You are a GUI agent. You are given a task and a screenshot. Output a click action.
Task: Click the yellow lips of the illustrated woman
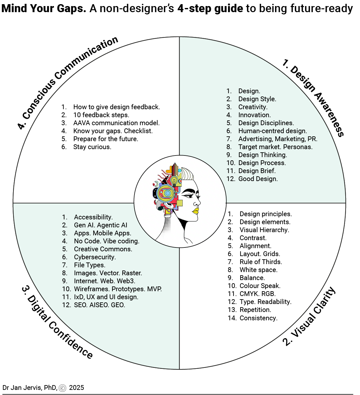(x=195, y=210)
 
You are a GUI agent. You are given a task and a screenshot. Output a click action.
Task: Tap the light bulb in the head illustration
(x=174, y=181)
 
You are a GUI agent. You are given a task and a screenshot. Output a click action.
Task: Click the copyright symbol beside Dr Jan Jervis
(x=62, y=388)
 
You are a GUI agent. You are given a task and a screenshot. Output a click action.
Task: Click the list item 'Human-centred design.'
(x=272, y=131)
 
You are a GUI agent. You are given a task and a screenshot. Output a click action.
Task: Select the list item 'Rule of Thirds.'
(x=261, y=262)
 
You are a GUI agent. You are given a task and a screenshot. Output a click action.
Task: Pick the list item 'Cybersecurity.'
(x=95, y=257)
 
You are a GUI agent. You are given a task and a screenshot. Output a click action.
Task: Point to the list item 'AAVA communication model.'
(x=116, y=123)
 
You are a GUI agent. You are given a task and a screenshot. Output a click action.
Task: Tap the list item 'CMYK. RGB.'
(x=257, y=294)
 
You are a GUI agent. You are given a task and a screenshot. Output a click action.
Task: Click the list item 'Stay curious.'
(x=92, y=147)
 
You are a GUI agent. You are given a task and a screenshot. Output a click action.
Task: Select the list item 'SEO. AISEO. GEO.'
(x=99, y=305)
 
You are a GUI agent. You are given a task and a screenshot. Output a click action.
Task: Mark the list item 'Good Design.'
(x=258, y=179)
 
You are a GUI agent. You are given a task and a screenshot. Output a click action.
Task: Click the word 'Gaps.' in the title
(x=70, y=9)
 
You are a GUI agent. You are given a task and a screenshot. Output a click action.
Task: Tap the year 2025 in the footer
(x=76, y=388)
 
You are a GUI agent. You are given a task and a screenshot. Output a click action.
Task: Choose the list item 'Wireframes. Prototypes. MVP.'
(x=118, y=289)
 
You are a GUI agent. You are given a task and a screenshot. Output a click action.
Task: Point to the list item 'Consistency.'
(x=258, y=318)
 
